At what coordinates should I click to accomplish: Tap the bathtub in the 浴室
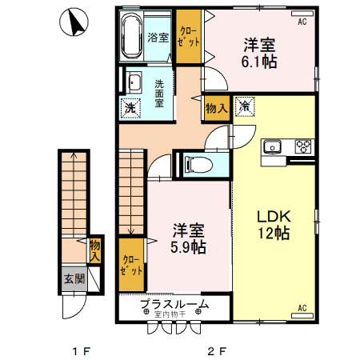[132, 37]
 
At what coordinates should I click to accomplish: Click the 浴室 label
[158, 37]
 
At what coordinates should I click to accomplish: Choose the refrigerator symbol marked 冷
[245, 106]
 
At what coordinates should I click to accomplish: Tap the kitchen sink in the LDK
[272, 146]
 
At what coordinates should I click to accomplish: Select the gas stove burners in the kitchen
[303, 146]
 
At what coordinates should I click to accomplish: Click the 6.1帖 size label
[259, 61]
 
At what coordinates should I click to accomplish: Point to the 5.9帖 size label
[189, 246]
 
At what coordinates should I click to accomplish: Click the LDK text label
[272, 216]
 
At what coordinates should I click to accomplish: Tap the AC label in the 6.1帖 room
[302, 22]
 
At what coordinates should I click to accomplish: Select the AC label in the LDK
[302, 307]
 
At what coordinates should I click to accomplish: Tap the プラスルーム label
[174, 304]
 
